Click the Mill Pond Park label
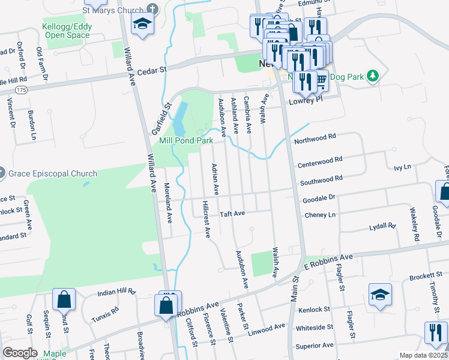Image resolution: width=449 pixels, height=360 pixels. [x=186, y=141]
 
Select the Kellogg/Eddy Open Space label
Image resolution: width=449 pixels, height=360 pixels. [x=66, y=31]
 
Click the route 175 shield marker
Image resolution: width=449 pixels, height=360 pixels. [x=22, y=89]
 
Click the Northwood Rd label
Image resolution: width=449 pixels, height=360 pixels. [x=314, y=139]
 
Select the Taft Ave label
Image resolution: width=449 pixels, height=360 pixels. [x=232, y=214]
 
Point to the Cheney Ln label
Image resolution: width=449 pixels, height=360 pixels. [x=320, y=214]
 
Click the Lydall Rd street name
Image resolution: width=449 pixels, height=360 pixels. [x=383, y=226]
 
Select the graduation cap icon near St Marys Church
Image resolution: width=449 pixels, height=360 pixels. [x=142, y=24]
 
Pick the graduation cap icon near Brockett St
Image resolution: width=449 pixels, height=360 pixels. [x=380, y=295]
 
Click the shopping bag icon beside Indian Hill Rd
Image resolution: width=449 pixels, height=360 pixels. [x=64, y=299]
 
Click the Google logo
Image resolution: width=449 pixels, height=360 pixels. [x=20, y=353]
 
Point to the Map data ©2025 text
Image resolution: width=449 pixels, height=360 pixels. [x=423, y=355]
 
